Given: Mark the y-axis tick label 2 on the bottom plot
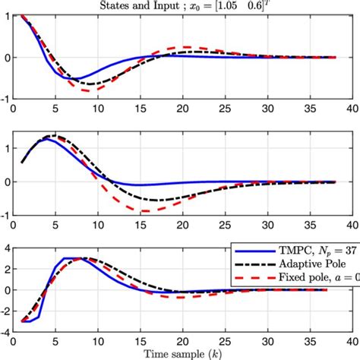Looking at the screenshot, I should (7, 268).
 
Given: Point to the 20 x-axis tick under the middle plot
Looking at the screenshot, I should (182, 224).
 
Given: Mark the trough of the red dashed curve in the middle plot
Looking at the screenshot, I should (142, 210).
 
